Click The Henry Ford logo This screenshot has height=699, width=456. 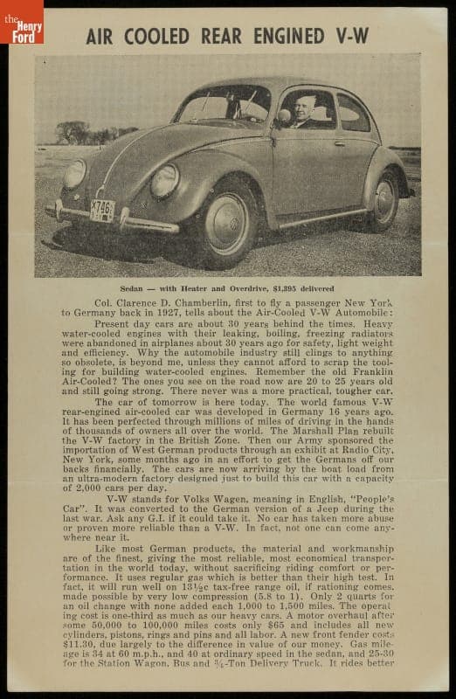point(21,22)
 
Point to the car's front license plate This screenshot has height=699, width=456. point(102,210)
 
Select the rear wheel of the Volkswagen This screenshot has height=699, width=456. point(384,200)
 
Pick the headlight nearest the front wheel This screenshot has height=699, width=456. point(164,181)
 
